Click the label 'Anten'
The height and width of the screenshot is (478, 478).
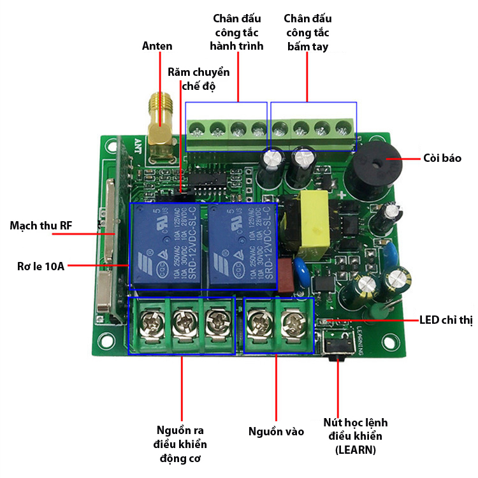(157, 46)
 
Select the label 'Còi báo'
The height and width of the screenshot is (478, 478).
(442, 158)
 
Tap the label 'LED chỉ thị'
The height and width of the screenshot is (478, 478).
(445, 319)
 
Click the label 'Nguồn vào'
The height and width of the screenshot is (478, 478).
(276, 431)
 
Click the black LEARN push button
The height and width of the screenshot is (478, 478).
(337, 345)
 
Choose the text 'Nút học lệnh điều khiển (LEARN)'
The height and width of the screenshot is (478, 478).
(356, 436)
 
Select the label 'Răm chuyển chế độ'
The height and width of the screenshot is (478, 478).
(199, 78)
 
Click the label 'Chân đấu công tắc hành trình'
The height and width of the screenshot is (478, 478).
(237, 33)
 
